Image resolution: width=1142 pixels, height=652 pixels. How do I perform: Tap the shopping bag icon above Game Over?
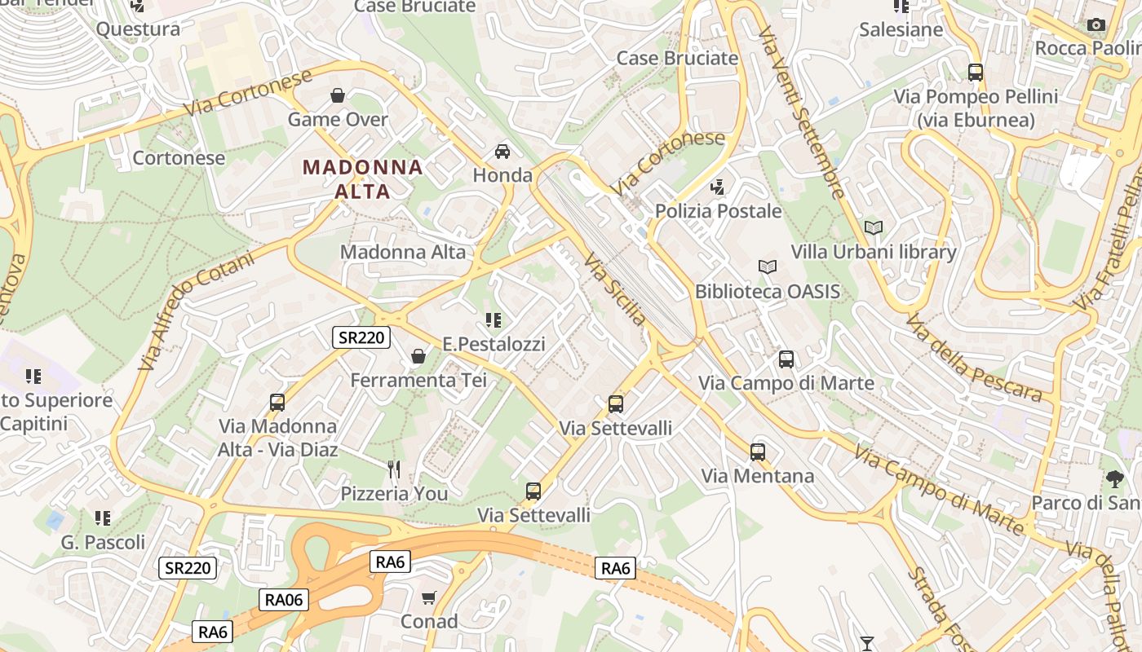coord(338,96)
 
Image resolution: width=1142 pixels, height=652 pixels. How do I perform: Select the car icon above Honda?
coord(502,152)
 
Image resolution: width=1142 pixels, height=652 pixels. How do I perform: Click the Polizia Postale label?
coord(719,211)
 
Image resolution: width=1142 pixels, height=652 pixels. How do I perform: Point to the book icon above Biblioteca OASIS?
coord(768,267)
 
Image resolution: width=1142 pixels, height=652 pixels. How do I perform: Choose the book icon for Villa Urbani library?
coord(874,228)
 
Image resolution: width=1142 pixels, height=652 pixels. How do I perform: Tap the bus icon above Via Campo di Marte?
coord(786,359)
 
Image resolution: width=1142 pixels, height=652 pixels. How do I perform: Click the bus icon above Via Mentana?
coord(758,452)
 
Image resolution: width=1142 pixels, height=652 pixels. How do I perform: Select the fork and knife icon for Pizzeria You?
coord(394,469)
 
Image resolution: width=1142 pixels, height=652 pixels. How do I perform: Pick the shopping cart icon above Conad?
coord(429,598)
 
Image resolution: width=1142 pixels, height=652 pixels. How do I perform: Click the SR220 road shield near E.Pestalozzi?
coord(361,337)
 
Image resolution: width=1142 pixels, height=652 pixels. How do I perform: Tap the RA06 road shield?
coord(284,600)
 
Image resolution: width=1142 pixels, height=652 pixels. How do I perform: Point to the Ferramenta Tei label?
coord(418,380)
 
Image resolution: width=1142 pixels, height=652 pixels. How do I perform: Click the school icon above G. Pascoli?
coord(103,518)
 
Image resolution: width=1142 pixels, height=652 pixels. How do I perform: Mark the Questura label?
coord(138,29)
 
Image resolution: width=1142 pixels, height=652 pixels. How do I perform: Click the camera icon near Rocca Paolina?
coord(1096,25)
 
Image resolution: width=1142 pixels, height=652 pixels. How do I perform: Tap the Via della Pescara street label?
coord(972,358)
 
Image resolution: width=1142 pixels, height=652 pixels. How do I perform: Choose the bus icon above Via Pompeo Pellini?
coord(976,72)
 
